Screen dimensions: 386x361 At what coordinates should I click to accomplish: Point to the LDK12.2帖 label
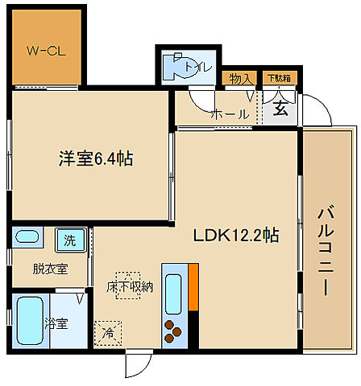[235, 236]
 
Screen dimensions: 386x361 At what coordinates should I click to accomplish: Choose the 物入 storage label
[238, 79]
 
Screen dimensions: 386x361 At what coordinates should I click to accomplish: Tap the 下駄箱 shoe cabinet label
[278, 79]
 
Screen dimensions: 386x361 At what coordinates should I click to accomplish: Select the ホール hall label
[230, 115]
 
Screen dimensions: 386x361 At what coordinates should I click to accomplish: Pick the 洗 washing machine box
[69, 239]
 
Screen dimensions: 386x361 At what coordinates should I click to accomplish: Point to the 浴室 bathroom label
[56, 323]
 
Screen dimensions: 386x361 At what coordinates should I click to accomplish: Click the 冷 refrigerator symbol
[106, 331]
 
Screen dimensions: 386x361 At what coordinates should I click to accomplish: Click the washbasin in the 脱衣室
[28, 238]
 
